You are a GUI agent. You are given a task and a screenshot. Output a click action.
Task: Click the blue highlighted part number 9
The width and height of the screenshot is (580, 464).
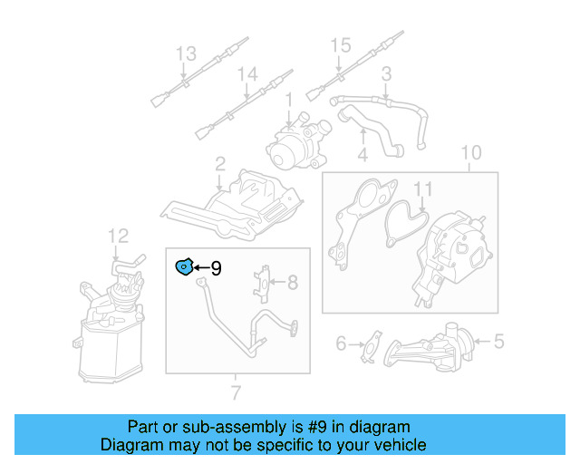click(184, 266)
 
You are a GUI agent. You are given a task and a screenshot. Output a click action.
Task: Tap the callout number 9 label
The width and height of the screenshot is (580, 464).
click(216, 268)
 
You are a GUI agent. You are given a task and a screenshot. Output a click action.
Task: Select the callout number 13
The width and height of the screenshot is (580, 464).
click(185, 54)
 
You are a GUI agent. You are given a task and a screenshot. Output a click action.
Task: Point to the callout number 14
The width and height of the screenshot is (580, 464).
click(247, 74)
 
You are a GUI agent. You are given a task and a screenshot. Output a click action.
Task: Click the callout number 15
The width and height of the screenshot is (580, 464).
click(339, 44)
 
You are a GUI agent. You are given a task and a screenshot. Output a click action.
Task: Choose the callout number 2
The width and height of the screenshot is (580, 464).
click(220, 164)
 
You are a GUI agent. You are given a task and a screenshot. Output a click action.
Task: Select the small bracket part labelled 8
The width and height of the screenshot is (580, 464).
click(264, 280)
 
